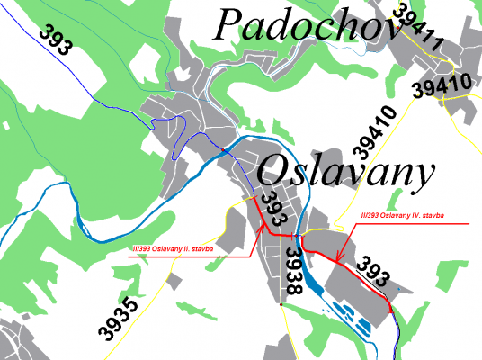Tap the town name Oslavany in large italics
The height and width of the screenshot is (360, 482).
click(x=345, y=171)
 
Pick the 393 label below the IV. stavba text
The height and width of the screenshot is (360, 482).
click(x=374, y=271)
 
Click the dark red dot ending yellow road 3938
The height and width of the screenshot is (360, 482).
click(x=281, y=304)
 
